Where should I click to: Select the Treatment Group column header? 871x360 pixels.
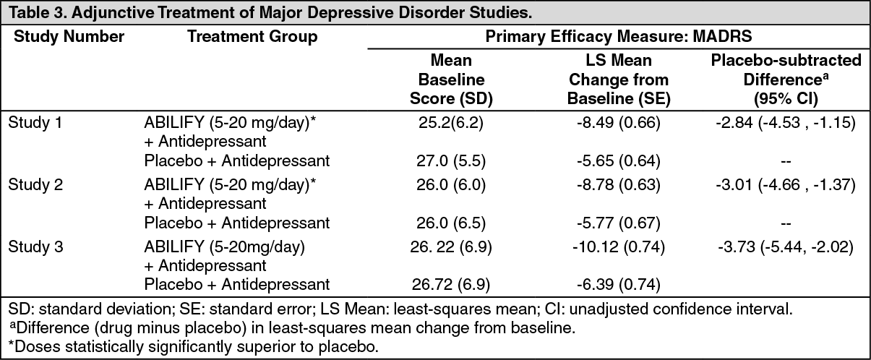(252, 37)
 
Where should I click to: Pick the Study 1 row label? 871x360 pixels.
(35, 122)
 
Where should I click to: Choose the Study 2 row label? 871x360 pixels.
(35, 184)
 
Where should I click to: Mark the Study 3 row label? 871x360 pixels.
(35, 247)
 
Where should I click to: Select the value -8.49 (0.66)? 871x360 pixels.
(618, 122)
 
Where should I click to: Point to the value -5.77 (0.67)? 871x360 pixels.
(618, 222)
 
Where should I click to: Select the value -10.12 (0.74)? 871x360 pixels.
(618, 247)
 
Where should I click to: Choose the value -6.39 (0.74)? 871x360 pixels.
(618, 284)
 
